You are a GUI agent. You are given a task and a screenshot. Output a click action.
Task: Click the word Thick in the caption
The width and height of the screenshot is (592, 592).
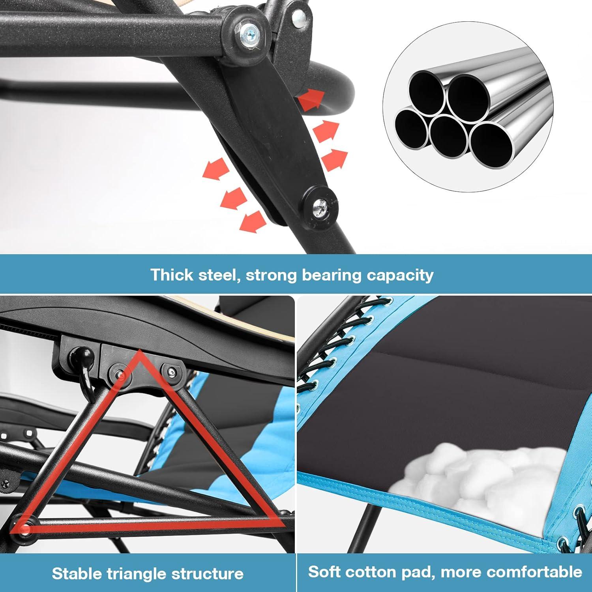pos(172,275)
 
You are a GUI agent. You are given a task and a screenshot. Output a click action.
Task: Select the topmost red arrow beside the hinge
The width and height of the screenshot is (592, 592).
pos(312,99)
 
